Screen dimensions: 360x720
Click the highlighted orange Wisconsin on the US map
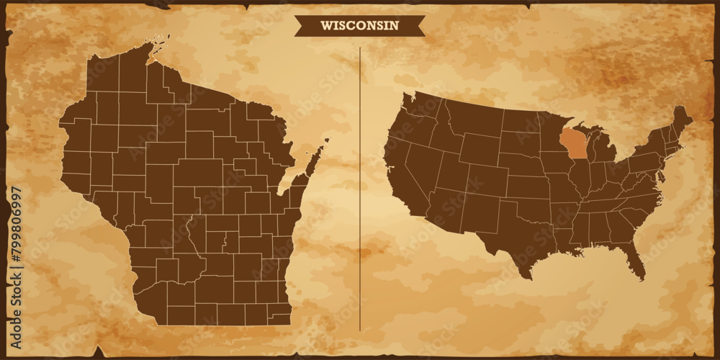pos(573,143)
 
